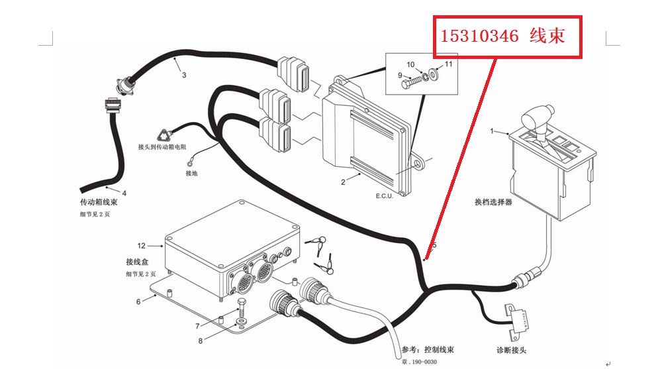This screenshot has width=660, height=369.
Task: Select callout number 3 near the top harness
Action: click(184, 75)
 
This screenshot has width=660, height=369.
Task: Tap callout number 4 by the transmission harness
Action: click(124, 192)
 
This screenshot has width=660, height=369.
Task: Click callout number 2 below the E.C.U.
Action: click(343, 181)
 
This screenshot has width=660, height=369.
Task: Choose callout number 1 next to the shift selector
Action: click(492, 131)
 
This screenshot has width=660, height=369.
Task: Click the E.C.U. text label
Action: click(384, 197)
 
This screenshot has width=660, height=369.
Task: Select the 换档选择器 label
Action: click(493, 202)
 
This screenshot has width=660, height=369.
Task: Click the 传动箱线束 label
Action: click(99, 201)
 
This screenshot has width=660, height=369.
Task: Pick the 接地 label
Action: click(191, 174)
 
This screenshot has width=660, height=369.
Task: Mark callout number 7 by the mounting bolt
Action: click(197, 326)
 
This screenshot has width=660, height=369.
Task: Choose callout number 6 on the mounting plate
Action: click(138, 301)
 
